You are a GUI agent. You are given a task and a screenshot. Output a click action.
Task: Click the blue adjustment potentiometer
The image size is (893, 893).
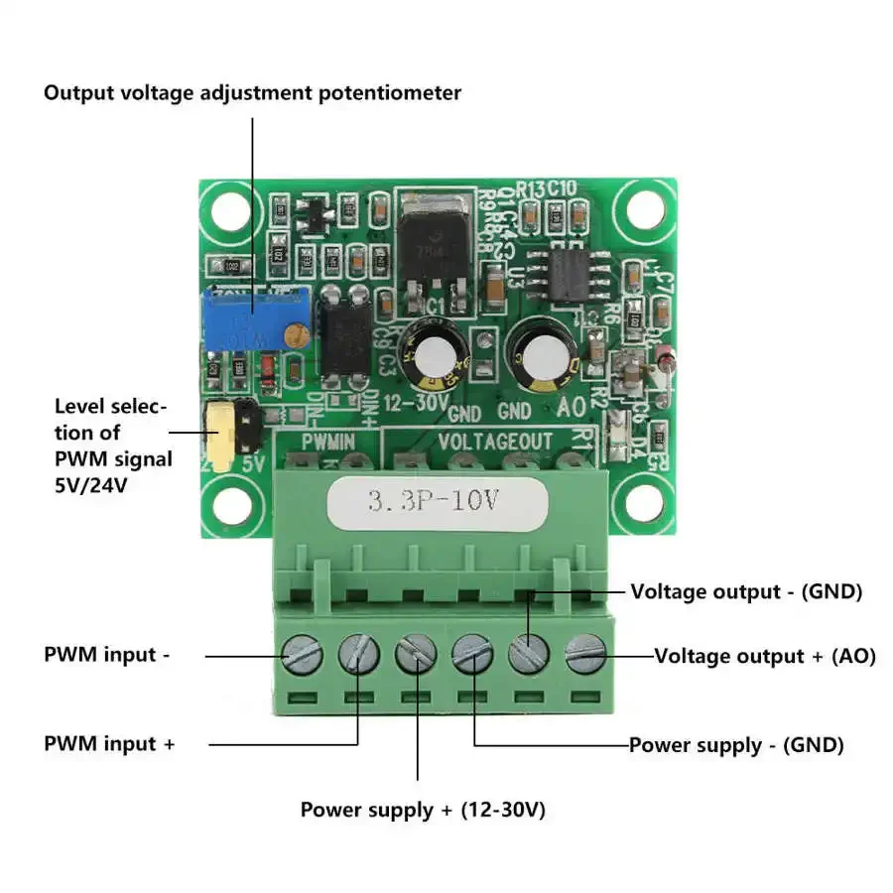[x=254, y=317]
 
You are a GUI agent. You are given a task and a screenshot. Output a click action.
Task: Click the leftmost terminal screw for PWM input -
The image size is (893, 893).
[x=302, y=653]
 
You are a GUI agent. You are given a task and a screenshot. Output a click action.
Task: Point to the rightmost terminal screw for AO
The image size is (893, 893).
[x=585, y=653]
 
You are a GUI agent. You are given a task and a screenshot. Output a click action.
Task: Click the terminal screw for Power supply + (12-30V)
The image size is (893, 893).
[x=416, y=653]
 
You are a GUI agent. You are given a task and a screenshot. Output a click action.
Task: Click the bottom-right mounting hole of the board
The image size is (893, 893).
[x=643, y=504]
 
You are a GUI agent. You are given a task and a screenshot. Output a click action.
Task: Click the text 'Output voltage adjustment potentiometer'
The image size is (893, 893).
[x=252, y=93]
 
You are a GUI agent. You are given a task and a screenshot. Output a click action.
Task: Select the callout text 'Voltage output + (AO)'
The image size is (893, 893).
[x=764, y=656]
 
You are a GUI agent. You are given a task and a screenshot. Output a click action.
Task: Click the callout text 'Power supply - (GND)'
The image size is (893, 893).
[x=736, y=745]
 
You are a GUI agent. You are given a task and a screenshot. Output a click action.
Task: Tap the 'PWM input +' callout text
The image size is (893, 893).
[x=109, y=743]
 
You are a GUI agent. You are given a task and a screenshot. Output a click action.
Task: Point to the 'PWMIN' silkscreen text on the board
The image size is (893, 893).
[x=328, y=439]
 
